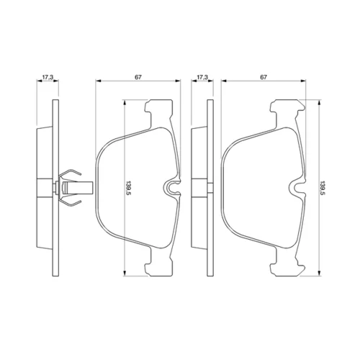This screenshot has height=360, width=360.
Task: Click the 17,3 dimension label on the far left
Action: (48, 77)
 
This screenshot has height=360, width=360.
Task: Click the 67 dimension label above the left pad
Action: (138, 77)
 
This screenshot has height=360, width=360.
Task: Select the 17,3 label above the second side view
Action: (202, 77)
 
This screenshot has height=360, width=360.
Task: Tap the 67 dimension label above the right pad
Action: (264, 77)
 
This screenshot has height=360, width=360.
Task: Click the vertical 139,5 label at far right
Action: (322, 189)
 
